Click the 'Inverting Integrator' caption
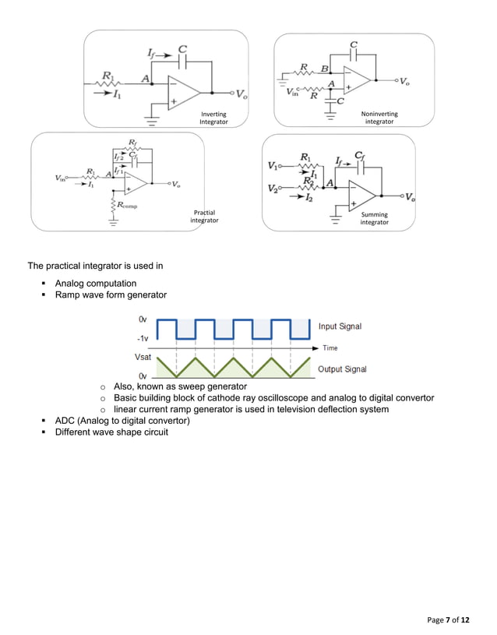tap(213, 118)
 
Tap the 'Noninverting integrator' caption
tap(379, 118)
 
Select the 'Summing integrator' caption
tap(374, 218)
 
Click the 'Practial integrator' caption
tap(204, 217)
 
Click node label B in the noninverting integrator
tap(324, 69)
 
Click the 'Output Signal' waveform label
tap(342, 369)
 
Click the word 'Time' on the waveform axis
tap(330, 348)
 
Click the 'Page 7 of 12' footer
tap(449, 619)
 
